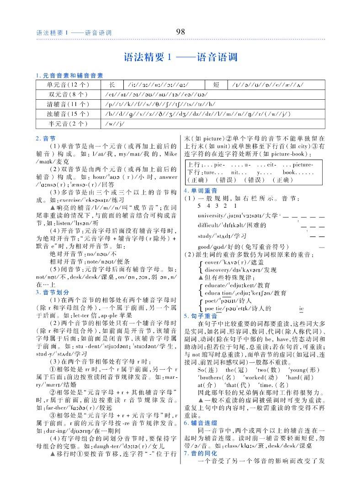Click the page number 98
[180, 32]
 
